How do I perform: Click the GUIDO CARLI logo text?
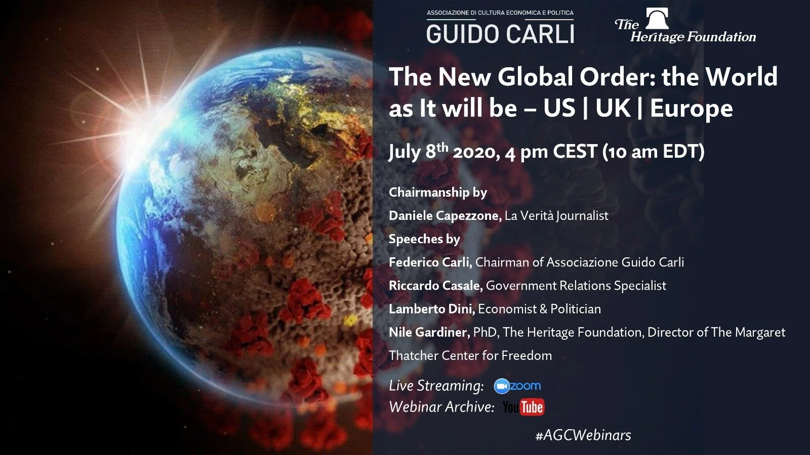[500, 34]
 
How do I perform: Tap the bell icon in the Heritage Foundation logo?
[657, 19]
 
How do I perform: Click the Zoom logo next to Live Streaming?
[517, 386]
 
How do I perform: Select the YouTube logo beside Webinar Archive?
[523, 407]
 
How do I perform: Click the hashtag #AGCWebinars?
[583, 435]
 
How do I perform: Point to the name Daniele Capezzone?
[444, 216]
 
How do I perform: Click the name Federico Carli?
[430, 262]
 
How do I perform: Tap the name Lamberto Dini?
[431, 309]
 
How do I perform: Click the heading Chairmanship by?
[437, 193]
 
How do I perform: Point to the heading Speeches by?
[424, 239]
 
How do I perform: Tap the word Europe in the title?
[691, 108]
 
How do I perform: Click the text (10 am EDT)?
[653, 152]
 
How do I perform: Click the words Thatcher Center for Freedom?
[470, 355]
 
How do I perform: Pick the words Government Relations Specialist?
[576, 286]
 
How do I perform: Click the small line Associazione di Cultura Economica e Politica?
[500, 13]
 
